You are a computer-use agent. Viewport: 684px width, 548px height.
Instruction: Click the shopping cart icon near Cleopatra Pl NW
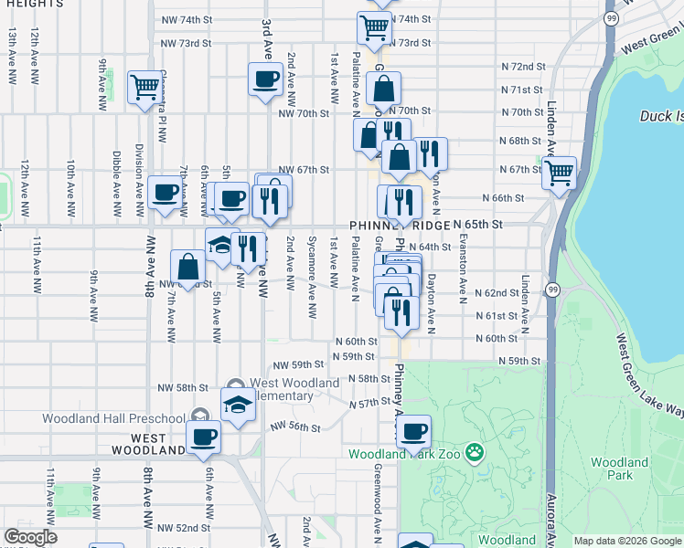144,88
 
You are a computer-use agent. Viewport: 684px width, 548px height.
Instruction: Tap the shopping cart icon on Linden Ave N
560,171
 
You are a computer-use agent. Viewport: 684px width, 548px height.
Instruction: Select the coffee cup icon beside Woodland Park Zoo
413,430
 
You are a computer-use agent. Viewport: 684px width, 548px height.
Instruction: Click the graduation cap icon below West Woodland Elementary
238,403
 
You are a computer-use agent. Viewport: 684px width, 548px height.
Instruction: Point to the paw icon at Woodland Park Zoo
474,452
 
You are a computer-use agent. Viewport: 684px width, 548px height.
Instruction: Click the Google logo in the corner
30,537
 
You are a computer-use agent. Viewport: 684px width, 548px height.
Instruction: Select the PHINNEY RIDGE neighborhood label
400,226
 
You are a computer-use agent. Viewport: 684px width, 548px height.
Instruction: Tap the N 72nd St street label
523,67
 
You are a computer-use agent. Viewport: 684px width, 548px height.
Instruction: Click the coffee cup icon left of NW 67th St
166,193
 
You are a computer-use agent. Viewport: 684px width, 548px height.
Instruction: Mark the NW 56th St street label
295,427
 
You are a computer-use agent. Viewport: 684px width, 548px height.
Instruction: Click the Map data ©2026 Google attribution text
627,541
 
